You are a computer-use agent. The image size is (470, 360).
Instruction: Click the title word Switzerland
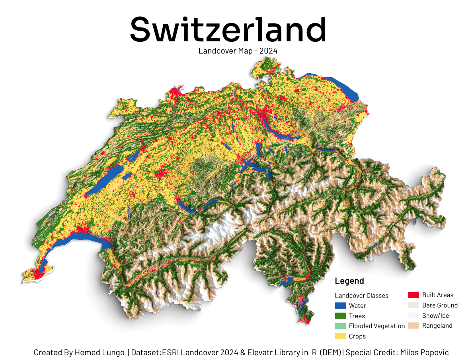pyautogui.click(x=228, y=30)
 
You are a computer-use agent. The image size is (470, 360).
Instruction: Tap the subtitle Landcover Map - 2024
pyautogui.click(x=238, y=51)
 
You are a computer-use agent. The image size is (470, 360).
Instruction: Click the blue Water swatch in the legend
pyautogui.click(x=340, y=306)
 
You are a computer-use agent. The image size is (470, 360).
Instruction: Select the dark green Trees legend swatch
pyautogui.click(x=340, y=316)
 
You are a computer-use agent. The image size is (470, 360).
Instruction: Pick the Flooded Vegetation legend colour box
pyautogui.click(x=340, y=326)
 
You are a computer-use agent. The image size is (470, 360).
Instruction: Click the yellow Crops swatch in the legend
pyautogui.click(x=340, y=336)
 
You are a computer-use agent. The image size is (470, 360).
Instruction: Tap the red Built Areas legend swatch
pyautogui.click(x=413, y=295)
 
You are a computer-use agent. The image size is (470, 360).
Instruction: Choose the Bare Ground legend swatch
pyautogui.click(x=413, y=305)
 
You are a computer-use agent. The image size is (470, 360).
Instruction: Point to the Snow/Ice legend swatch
pyautogui.click(x=413, y=315)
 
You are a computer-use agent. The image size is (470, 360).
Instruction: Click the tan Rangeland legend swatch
pyautogui.click(x=413, y=325)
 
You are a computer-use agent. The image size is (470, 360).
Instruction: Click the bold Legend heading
pyautogui.click(x=349, y=281)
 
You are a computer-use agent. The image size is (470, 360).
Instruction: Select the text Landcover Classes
pyautogui.click(x=361, y=296)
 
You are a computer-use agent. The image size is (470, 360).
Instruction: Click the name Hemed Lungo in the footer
pyautogui.click(x=99, y=352)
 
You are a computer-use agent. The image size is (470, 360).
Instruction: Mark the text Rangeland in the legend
pyautogui.click(x=437, y=325)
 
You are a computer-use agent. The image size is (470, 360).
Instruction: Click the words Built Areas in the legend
pyautogui.click(x=437, y=295)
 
